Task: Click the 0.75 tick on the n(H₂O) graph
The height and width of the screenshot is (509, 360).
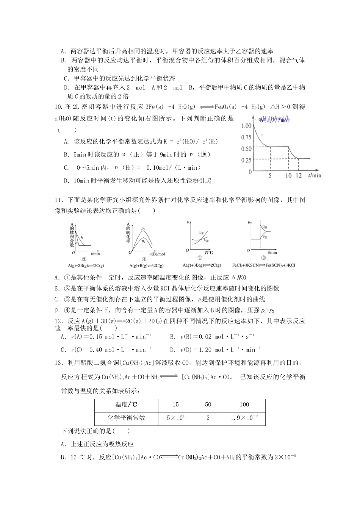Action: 246,137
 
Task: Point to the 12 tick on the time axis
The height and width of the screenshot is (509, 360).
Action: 299,176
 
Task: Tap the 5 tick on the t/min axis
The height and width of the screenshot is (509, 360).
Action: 270,176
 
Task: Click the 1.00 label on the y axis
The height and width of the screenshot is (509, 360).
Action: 246,126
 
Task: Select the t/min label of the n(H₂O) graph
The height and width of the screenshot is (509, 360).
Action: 315,175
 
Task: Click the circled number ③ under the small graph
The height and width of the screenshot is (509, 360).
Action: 84,259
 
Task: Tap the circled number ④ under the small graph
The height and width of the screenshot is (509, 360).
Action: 144,259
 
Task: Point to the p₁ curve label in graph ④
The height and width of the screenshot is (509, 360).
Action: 143,229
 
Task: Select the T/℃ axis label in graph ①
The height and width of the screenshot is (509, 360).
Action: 209,253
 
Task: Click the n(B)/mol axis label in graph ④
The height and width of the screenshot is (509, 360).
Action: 157,254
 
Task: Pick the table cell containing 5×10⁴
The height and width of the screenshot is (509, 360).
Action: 175,418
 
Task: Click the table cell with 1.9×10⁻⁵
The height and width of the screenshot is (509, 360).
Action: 244,418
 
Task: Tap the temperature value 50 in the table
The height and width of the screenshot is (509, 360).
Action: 208,404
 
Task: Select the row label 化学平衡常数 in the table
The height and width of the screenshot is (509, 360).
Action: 126,418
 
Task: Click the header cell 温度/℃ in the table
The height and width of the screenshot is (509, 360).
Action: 126,404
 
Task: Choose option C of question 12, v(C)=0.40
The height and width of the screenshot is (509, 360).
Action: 106,350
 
